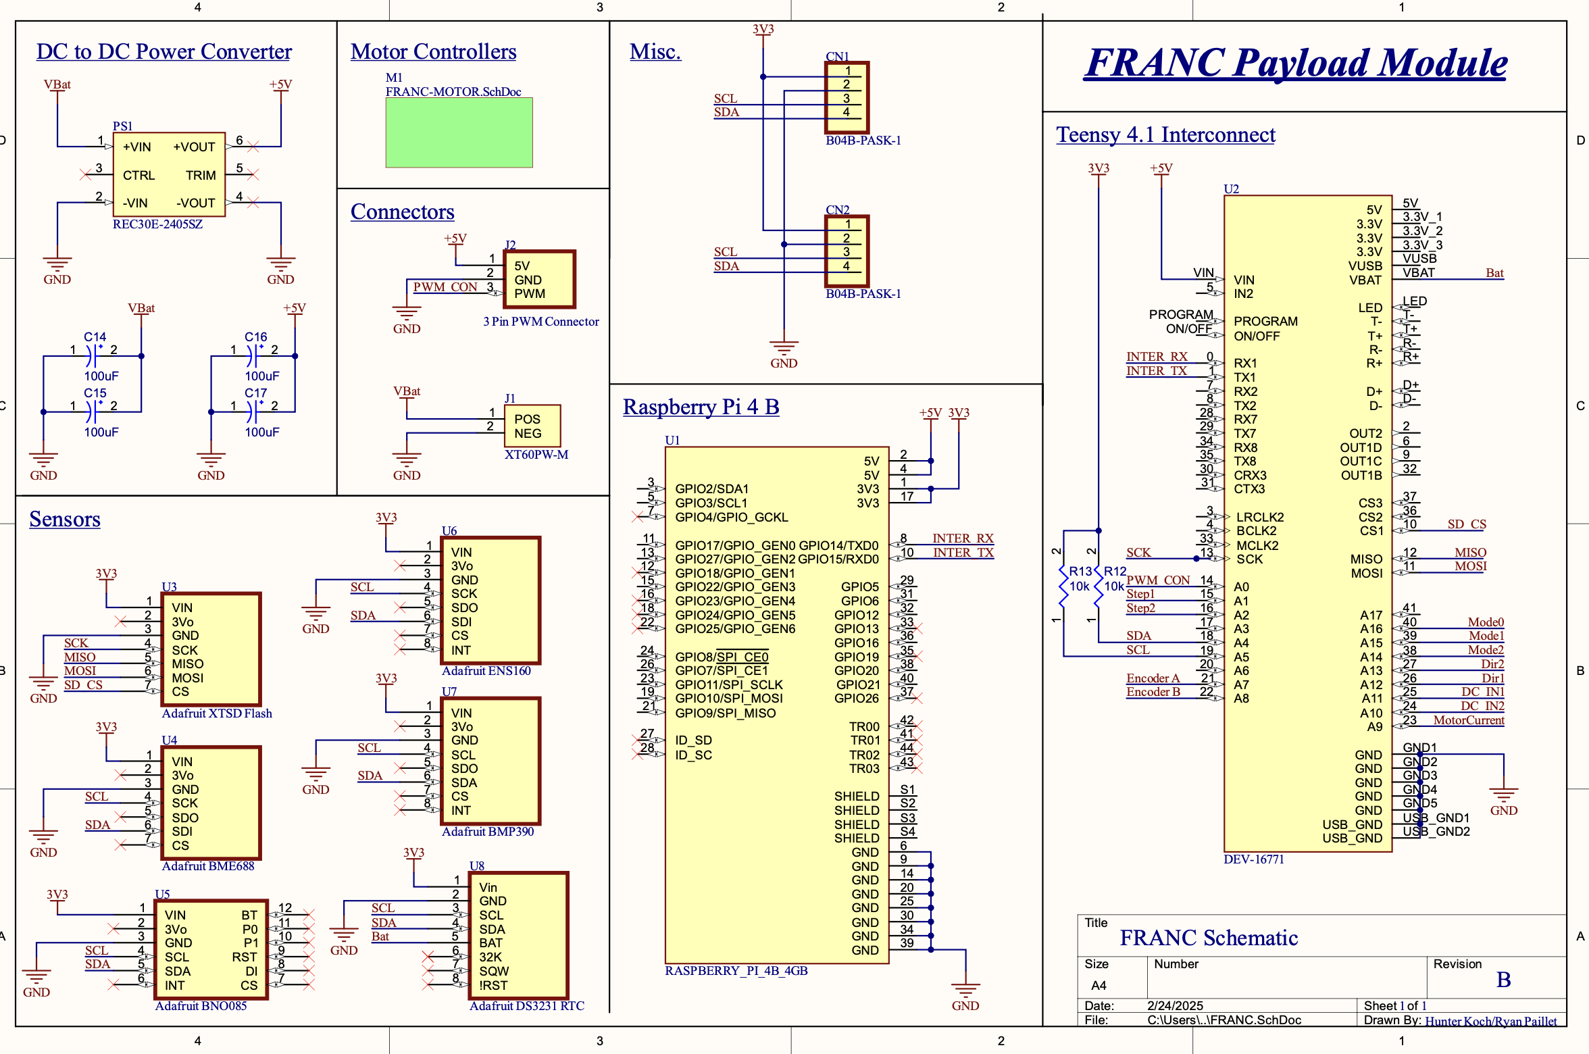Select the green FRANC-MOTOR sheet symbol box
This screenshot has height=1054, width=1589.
point(459,132)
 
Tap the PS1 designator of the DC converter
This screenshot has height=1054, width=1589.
point(122,126)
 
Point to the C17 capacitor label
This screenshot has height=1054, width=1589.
point(255,393)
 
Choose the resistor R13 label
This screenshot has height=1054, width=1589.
point(1080,572)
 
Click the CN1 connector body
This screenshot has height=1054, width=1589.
point(847,97)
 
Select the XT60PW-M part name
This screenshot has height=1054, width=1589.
point(536,455)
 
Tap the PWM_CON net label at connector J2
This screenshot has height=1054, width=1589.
point(445,287)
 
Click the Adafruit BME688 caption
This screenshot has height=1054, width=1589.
point(207,866)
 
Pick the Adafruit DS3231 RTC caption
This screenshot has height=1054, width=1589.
point(526,1006)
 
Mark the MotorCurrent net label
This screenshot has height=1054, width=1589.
point(1468,720)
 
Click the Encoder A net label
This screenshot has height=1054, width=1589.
point(1153,678)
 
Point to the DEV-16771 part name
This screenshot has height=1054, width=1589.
point(1253,859)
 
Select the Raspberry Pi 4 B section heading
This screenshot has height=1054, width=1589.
point(701,407)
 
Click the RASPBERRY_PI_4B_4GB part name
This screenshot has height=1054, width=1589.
point(736,971)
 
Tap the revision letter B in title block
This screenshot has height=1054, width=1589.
point(1503,980)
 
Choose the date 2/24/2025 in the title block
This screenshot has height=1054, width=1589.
point(1175,1005)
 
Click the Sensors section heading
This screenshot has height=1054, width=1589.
point(65,519)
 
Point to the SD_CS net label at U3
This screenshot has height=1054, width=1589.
point(83,685)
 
